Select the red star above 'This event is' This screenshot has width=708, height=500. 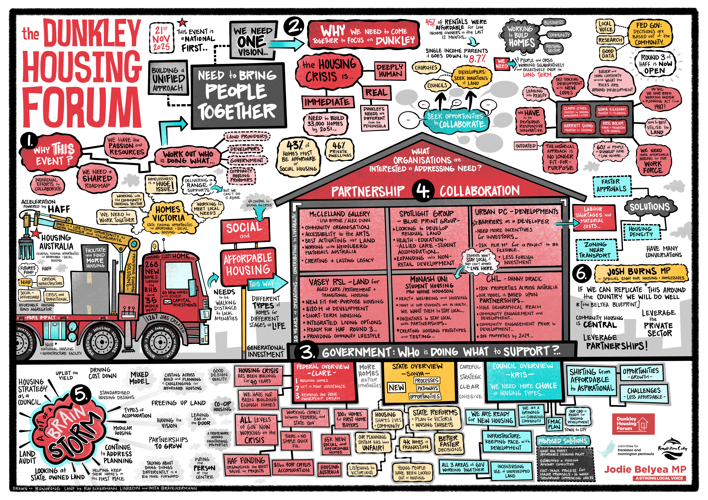pos(182,22)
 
